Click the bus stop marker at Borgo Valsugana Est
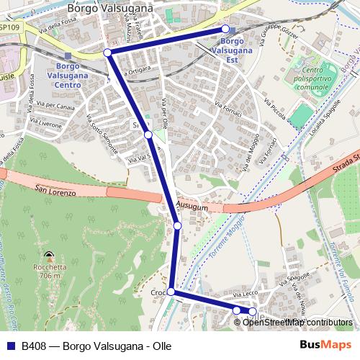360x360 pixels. pos(225,29)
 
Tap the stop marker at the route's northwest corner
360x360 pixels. pos(107,53)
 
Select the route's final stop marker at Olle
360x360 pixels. pos(252,312)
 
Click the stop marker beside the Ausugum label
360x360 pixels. pos(177,226)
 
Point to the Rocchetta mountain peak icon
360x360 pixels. pos(48,256)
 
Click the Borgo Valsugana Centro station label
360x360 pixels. pos(67,74)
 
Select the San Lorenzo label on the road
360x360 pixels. pos(55,189)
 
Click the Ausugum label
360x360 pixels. pos(192,207)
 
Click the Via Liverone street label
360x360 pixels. pos(45,125)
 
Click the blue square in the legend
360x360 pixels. pos(12,346)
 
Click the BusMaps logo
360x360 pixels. pos(325,345)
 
